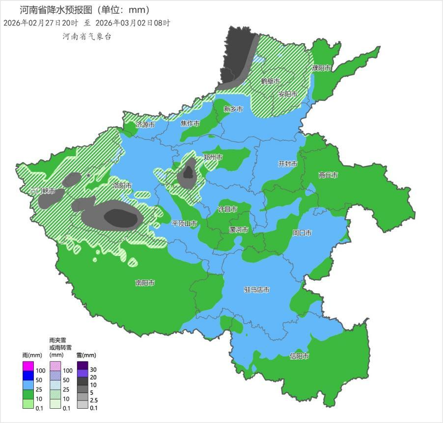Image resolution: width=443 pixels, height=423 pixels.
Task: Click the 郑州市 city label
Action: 213,157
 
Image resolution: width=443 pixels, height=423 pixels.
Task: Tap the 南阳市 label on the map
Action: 145,283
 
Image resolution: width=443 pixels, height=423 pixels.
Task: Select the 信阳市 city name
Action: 299,356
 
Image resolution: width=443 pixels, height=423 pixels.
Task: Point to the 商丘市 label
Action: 328,175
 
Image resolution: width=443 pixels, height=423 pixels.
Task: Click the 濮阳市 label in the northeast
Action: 321,68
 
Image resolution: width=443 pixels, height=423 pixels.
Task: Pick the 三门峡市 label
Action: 42,191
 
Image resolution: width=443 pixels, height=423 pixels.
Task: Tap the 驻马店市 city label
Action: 257,290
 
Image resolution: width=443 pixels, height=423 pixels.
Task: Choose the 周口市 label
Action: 302,233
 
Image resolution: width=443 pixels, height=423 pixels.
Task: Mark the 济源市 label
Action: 145,125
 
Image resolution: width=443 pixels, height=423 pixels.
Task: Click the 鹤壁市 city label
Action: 270,81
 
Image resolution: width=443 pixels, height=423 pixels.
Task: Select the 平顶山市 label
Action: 184,224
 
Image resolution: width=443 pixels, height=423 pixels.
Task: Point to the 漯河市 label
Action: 239,229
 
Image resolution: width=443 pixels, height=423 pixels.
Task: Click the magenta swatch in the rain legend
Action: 28,366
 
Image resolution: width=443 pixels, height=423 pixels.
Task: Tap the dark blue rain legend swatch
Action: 28,375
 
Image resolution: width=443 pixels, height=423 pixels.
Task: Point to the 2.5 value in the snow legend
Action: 94,400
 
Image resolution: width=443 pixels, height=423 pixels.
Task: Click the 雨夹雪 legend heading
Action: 57,340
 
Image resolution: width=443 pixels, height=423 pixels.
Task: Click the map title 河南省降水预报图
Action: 55,10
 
